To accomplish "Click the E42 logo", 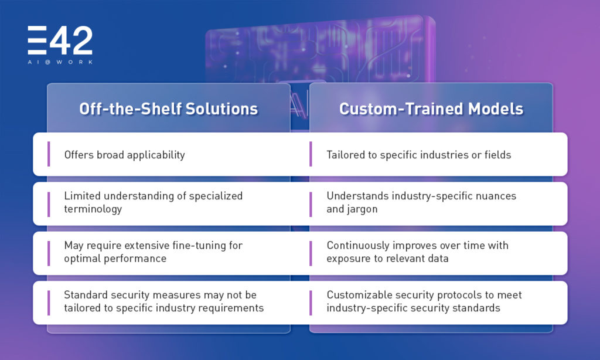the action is tap(60, 40).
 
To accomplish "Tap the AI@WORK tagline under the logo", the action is tap(60, 62).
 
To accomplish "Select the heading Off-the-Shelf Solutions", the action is tap(168, 109).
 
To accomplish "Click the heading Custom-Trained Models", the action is tap(431, 109).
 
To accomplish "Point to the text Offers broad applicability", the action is tap(125, 155).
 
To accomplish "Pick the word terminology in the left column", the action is tap(93, 209).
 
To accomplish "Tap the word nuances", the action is tap(496, 196).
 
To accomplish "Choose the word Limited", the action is tap(82, 196).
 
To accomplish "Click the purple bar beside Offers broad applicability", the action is tap(49, 154).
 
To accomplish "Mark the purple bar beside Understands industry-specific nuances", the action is tap(311, 203).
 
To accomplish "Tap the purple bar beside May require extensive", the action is tap(49, 253).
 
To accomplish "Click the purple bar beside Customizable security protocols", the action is tap(311, 303).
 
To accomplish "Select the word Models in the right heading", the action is tap(496, 109).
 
